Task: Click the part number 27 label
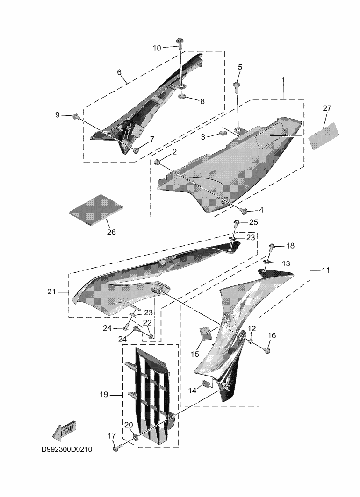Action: click(x=327, y=108)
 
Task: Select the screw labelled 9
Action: click(x=75, y=115)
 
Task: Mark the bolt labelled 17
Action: click(x=116, y=447)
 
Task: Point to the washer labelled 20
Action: click(x=136, y=437)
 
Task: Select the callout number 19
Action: click(x=104, y=395)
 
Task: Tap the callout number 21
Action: click(x=51, y=292)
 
